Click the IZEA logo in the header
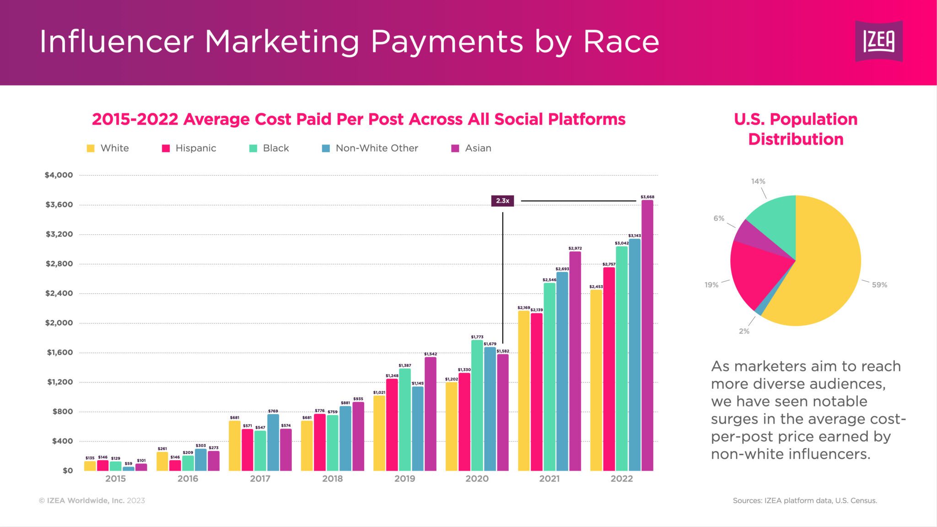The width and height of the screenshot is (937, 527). tap(878, 41)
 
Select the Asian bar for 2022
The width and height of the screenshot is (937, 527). tap(647, 336)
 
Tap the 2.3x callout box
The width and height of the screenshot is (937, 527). tap(502, 201)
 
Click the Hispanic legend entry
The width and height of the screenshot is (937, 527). tap(189, 148)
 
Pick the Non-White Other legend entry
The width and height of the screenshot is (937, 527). tap(370, 148)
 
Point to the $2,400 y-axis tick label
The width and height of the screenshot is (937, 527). tap(59, 293)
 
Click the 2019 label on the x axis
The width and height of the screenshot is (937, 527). tap(404, 479)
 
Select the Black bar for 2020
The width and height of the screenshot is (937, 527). tap(477, 405)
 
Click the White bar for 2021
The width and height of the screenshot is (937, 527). tap(524, 391)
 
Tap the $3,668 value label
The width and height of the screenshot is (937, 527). tap(647, 197)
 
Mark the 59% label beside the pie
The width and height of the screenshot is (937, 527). tap(879, 285)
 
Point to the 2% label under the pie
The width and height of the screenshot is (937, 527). tap(744, 331)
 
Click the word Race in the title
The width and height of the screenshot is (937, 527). tap(621, 42)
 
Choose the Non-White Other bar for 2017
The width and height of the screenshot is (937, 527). tap(273, 442)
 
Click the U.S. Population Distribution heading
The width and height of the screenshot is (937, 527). tap(796, 129)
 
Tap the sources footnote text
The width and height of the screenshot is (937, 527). tap(805, 500)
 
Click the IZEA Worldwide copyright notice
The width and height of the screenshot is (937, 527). tap(92, 500)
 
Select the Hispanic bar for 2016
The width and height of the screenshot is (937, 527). tap(175, 465)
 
